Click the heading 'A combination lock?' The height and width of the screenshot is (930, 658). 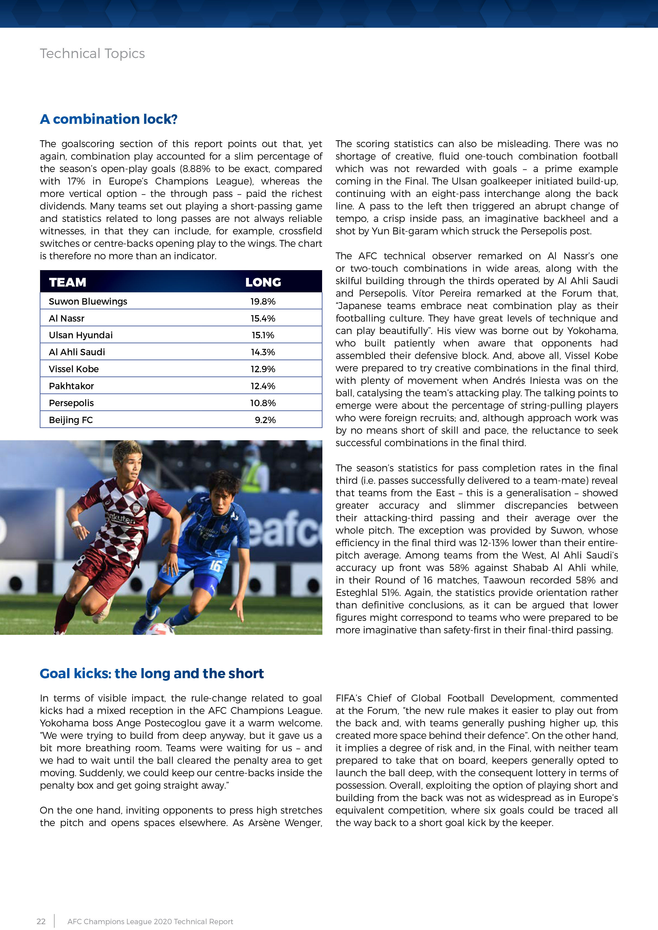(109, 119)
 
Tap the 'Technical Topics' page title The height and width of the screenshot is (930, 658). (92, 54)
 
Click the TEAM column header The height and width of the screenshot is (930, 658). (68, 282)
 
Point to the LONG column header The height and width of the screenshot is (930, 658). (263, 282)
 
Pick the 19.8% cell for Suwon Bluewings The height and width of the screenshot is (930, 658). (263, 301)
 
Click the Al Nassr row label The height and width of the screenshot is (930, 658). (67, 318)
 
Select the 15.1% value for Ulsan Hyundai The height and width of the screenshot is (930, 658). (263, 335)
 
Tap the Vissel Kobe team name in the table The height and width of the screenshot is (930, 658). (74, 369)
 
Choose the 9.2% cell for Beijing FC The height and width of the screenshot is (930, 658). (265, 420)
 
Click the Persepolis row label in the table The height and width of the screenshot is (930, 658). (71, 403)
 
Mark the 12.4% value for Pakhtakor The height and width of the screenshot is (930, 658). (263, 386)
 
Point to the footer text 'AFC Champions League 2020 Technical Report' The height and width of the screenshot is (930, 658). (150, 922)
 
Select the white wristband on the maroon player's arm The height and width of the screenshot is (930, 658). (76, 524)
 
